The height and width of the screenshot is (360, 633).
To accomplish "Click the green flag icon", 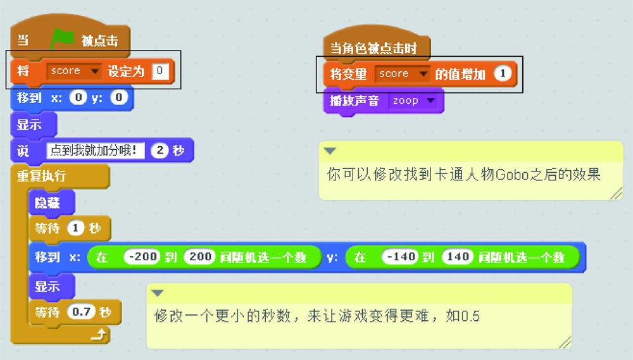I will click(x=62, y=39).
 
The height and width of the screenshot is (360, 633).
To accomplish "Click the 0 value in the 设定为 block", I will click(x=161, y=71).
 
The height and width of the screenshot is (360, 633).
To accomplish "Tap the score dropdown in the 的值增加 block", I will click(x=402, y=74).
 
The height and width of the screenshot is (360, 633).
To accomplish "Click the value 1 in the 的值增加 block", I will click(x=502, y=74).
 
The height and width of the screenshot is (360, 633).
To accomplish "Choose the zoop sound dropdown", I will click(x=413, y=101).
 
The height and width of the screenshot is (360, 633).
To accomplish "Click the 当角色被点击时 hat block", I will click(x=373, y=48).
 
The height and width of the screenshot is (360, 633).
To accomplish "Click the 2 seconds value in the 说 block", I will click(x=160, y=151).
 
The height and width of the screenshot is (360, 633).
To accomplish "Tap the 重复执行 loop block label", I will click(x=41, y=175).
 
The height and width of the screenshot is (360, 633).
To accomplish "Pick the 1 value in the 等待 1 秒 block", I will click(x=75, y=228).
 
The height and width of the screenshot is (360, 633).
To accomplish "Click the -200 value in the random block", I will click(x=142, y=257).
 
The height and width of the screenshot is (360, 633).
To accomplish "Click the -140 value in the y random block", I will click(x=400, y=257).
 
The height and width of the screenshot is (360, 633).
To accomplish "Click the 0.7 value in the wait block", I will click(x=81, y=312).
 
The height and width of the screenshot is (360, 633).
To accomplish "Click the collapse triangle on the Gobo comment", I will click(x=330, y=151).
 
